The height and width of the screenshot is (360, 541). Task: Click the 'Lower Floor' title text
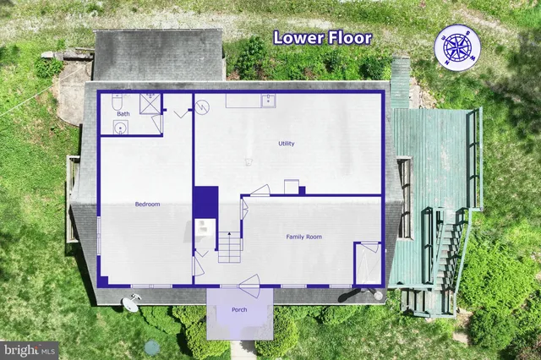[x=322, y=38]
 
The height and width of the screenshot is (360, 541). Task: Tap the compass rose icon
[x=457, y=45]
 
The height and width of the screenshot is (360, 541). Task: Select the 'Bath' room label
[x=123, y=113]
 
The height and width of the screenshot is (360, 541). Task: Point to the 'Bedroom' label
[x=147, y=204]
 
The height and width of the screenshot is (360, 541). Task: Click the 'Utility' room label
[x=287, y=144]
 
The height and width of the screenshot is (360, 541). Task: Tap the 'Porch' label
[x=240, y=309]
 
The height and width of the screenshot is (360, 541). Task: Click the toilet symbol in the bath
[x=117, y=101]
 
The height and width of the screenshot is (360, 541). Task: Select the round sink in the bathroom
[x=120, y=128]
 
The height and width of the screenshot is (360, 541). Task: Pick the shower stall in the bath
[x=150, y=102]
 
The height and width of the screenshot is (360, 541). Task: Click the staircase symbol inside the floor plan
[x=230, y=247]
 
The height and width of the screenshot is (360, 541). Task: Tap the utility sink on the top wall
[x=267, y=101]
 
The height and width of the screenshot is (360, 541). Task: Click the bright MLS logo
[x=30, y=350]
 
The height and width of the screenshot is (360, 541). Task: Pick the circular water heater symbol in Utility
[x=202, y=107]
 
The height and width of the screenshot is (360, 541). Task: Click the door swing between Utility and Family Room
[x=260, y=190]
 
